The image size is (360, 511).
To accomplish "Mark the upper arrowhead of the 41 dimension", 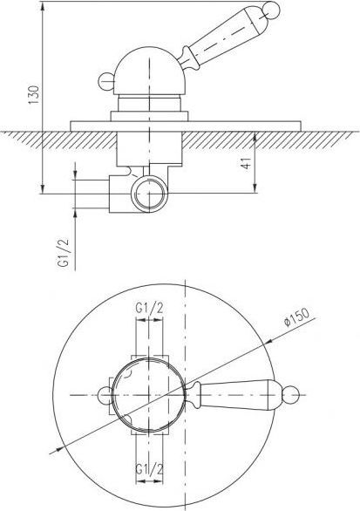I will (x=255, y=135).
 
